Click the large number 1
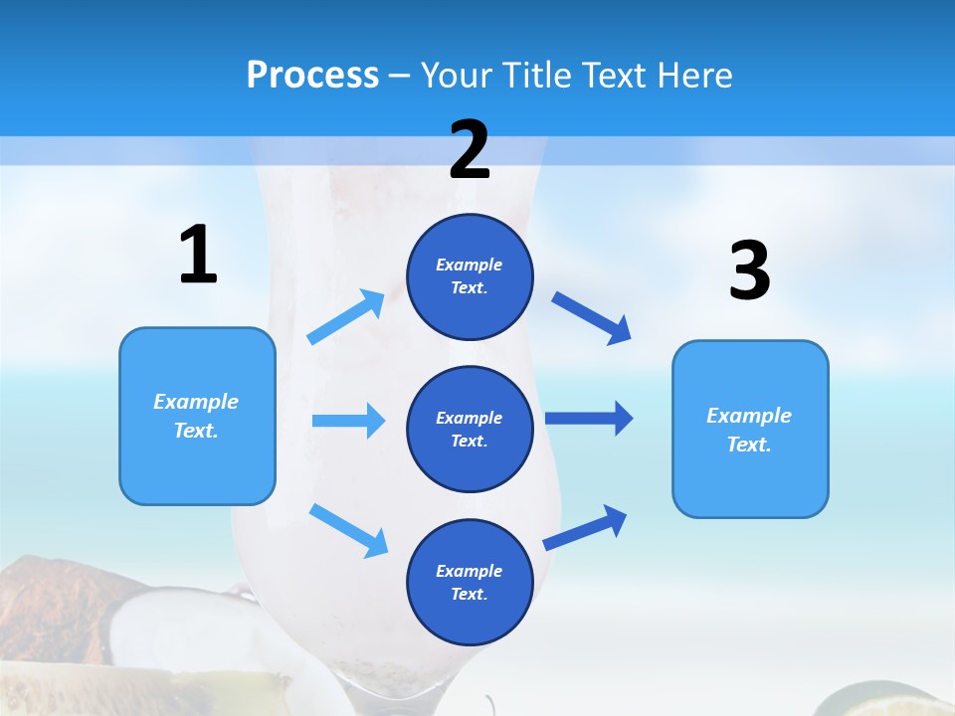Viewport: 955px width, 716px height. click(x=198, y=256)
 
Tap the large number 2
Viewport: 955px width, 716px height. click(x=470, y=151)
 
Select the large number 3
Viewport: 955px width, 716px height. click(x=749, y=271)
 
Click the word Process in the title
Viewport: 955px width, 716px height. click(x=312, y=75)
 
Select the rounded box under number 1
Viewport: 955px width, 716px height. click(x=197, y=416)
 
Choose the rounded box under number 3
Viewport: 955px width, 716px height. click(x=750, y=429)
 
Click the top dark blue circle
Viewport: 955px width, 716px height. click(x=470, y=276)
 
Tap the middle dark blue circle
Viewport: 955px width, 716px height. click(x=470, y=429)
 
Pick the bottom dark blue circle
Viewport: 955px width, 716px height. click(x=470, y=582)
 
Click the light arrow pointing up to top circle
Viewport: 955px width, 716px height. click(x=346, y=317)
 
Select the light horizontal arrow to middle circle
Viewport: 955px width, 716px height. click(x=348, y=421)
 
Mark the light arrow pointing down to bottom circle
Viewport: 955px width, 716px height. click(x=348, y=530)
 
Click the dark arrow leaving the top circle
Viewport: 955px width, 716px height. click(x=592, y=318)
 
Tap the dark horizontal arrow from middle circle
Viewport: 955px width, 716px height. click(x=589, y=418)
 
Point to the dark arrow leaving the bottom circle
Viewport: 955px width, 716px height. click(x=585, y=527)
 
